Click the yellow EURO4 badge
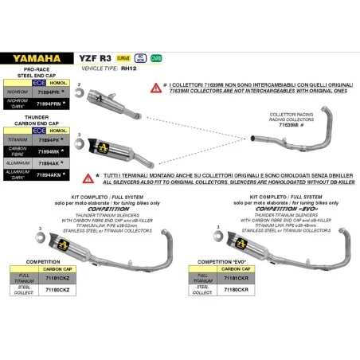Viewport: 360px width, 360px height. [123, 58]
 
